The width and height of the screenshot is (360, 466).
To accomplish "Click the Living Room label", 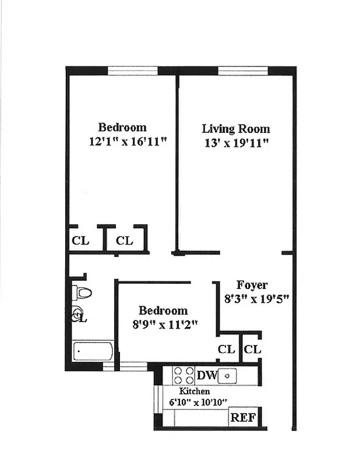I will point(235,129).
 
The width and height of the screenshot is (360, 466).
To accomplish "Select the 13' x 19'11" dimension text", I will point(235,143).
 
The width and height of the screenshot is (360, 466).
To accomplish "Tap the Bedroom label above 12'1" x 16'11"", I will point(122,127).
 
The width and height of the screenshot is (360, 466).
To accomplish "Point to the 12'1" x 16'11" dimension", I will point(122,141).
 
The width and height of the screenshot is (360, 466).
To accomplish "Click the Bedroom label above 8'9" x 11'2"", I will point(163,310).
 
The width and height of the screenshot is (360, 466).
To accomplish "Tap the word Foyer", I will point(252,285).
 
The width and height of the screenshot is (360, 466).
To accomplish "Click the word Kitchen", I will point(194,391).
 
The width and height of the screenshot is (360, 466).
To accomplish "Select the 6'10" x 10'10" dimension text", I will point(198,402).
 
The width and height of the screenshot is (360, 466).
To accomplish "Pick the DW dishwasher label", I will point(207,375).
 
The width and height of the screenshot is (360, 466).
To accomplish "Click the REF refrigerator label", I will point(241,417).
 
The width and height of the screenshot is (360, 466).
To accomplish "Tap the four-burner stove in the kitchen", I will point(182,376).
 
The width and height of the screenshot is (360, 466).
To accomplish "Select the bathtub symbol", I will point(93,351).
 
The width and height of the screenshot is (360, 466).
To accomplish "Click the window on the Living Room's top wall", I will point(242,70).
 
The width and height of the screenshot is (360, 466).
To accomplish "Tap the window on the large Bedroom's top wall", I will point(133,70).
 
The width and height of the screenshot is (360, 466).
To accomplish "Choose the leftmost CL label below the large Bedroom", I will point(80,241).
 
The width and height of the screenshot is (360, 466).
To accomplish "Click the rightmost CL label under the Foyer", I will point(252,349).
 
